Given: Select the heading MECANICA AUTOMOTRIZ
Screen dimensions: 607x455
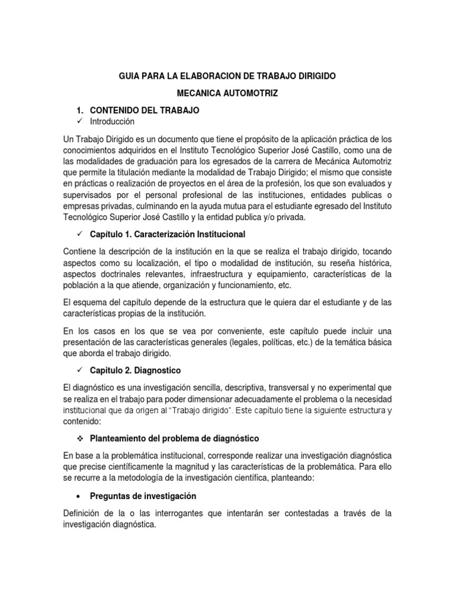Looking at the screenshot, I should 227,94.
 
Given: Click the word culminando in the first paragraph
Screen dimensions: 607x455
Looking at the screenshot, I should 196,206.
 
